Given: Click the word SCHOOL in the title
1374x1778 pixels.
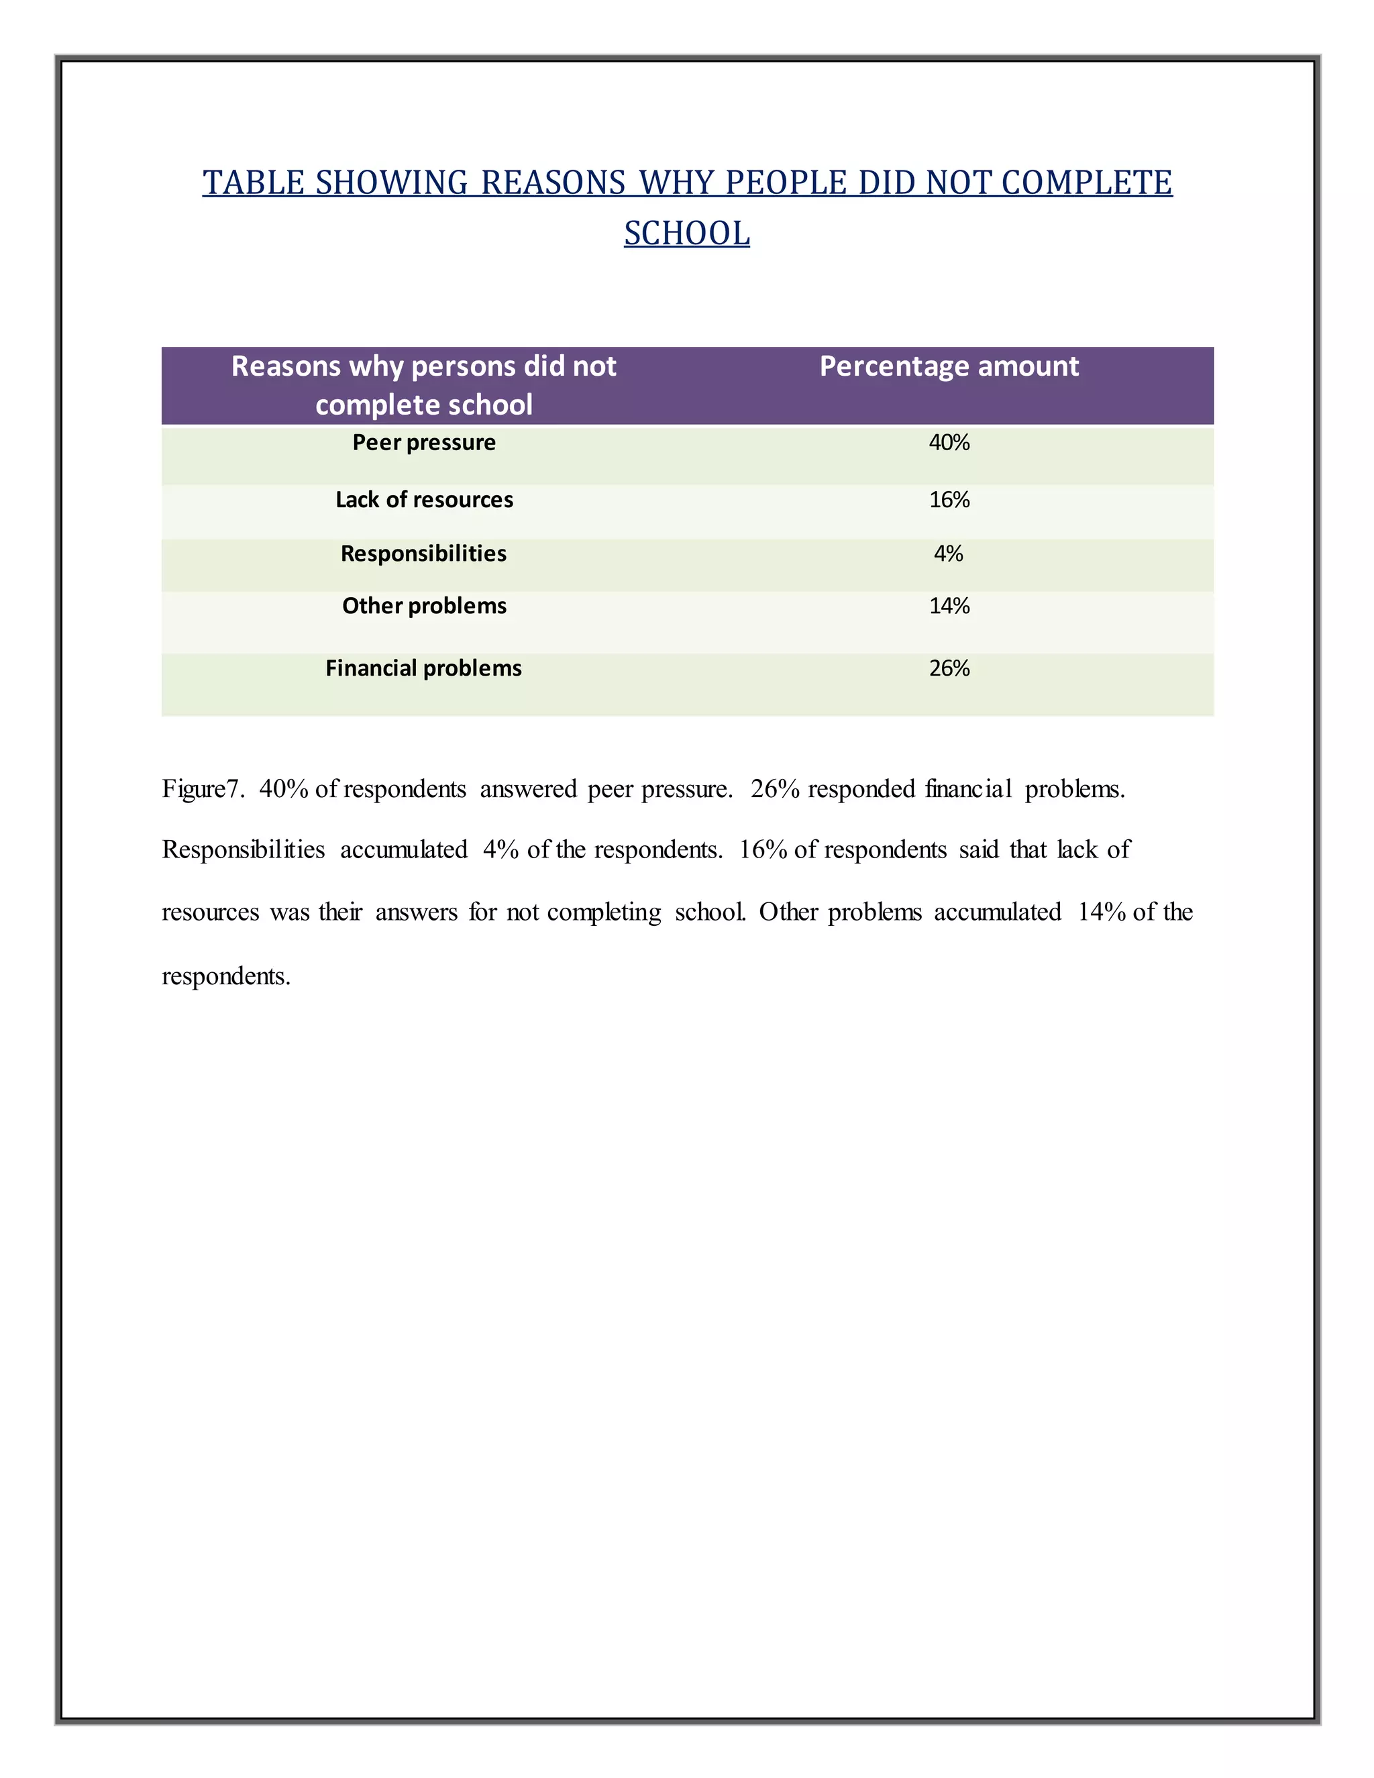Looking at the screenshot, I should pyautogui.click(x=686, y=233).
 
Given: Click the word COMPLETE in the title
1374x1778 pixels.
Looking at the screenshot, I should pyautogui.click(x=1086, y=182).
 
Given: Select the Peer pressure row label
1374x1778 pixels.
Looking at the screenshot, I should pyautogui.click(x=423, y=443).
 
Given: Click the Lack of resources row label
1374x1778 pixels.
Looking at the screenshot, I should pyautogui.click(x=423, y=500).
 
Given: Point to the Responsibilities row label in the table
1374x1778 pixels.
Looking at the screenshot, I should pyautogui.click(x=423, y=554).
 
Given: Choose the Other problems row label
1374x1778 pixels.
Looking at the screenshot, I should pyautogui.click(x=423, y=606).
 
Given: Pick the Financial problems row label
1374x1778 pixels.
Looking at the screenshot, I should pyautogui.click(x=423, y=668).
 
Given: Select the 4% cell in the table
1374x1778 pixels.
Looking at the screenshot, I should pyautogui.click(x=948, y=554).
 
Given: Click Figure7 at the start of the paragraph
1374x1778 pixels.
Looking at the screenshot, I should pyautogui.click(x=202, y=789).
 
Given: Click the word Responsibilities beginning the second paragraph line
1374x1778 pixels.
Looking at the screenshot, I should pyautogui.click(x=243, y=850).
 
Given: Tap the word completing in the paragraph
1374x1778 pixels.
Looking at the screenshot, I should pyautogui.click(x=603, y=912).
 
